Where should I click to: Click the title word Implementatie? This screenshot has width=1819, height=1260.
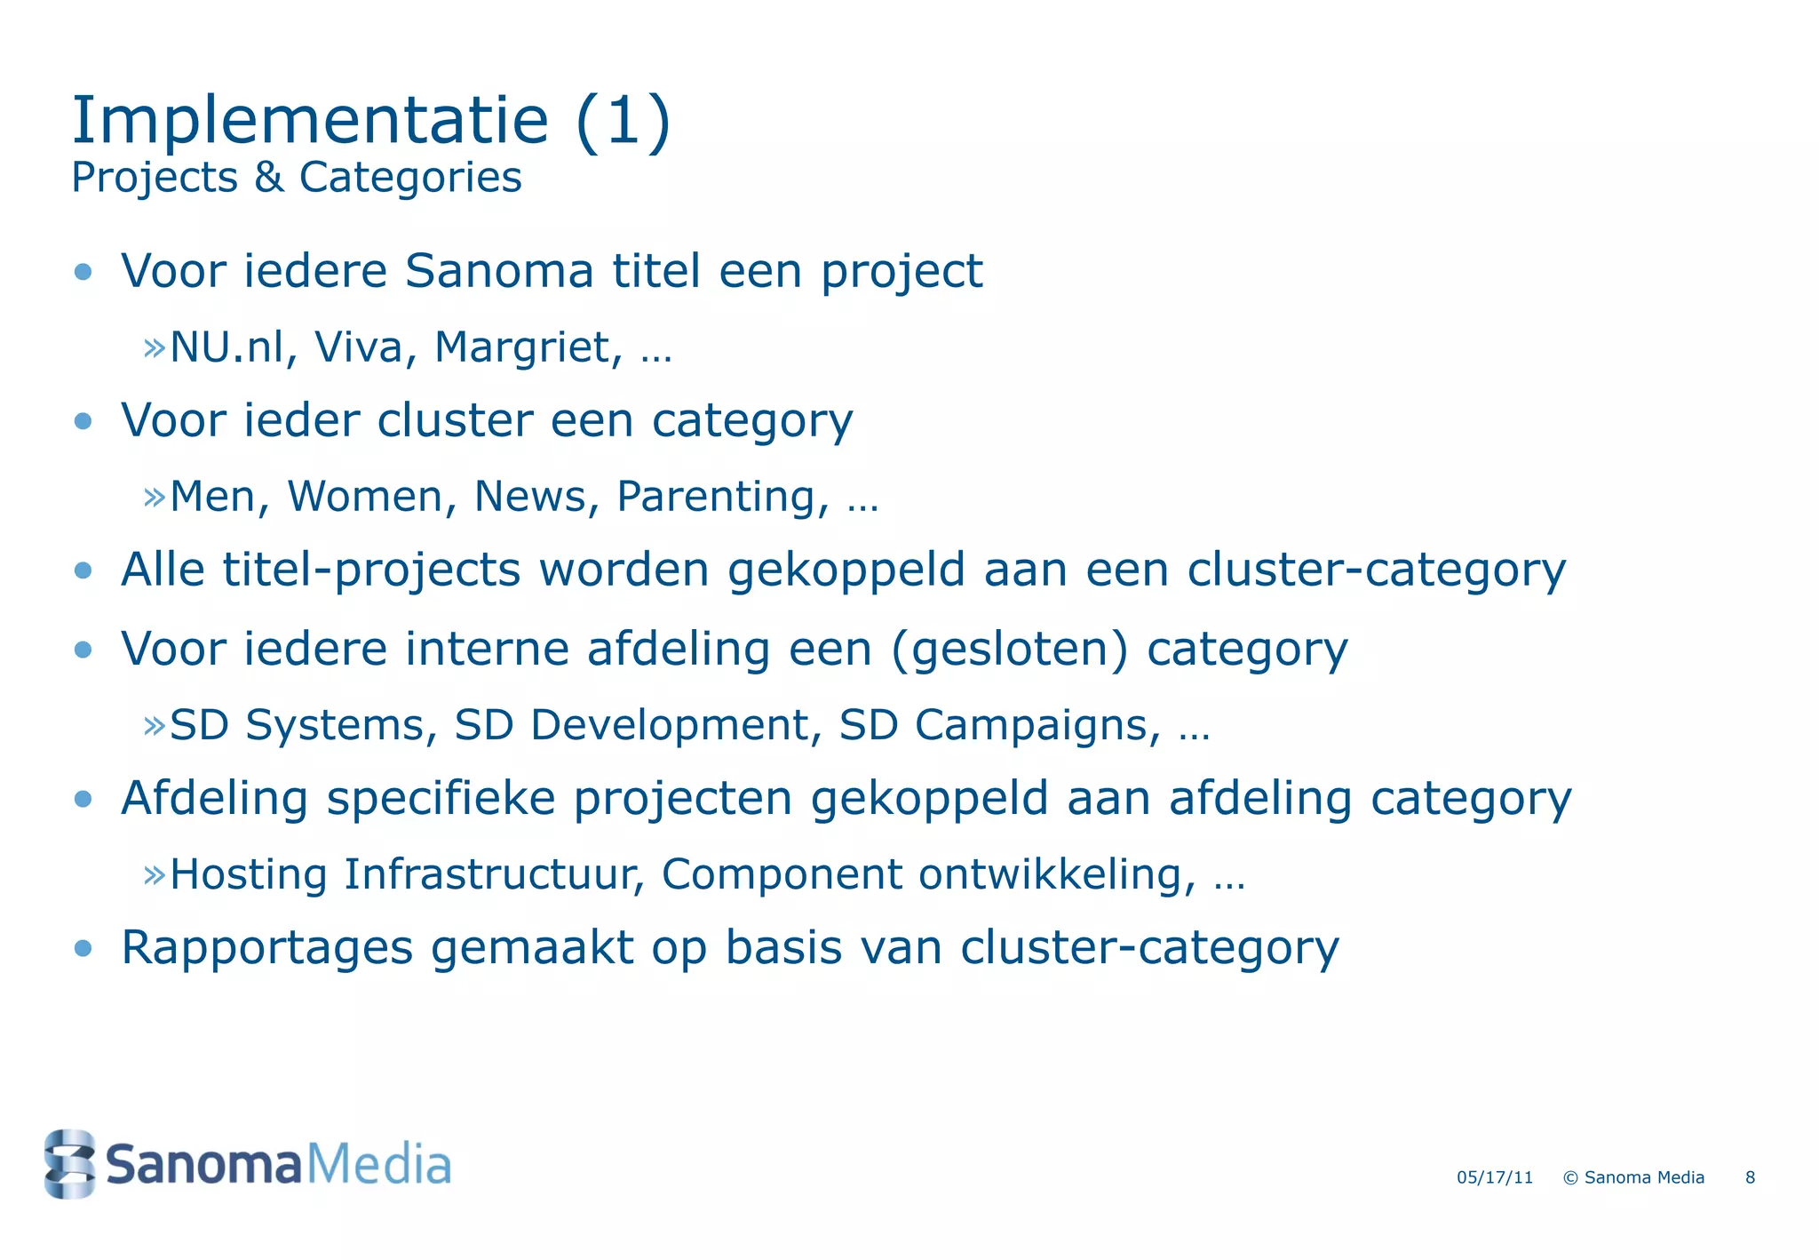[310, 121]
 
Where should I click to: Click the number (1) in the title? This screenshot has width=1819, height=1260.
[623, 121]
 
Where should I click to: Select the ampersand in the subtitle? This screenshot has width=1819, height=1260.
[268, 177]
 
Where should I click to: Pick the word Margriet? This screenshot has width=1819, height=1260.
[528, 347]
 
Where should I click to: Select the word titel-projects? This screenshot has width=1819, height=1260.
[371, 570]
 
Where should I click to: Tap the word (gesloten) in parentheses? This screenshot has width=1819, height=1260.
[1009, 649]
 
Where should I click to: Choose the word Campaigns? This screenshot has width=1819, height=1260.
[1037, 725]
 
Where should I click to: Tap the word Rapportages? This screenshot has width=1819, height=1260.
[266, 947]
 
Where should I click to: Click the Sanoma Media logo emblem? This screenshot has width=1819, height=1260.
[69, 1163]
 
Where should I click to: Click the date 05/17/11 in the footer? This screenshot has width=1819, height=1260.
[1495, 1177]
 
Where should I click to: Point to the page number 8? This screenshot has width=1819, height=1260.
[1750, 1177]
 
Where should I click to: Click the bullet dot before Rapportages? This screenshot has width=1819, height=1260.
[83, 948]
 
